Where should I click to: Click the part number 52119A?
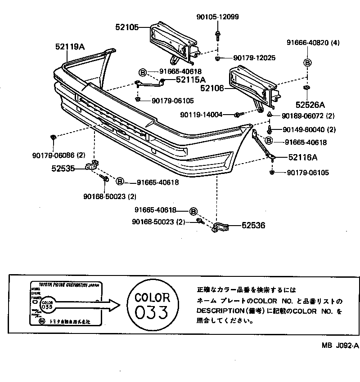click(70, 46)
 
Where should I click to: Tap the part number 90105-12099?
click(217, 17)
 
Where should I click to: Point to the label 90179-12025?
click(254, 58)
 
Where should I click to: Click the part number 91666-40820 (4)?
click(313, 43)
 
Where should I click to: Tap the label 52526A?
click(310, 105)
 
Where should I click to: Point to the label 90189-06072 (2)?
click(309, 116)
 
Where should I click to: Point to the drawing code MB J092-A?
click(340, 346)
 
